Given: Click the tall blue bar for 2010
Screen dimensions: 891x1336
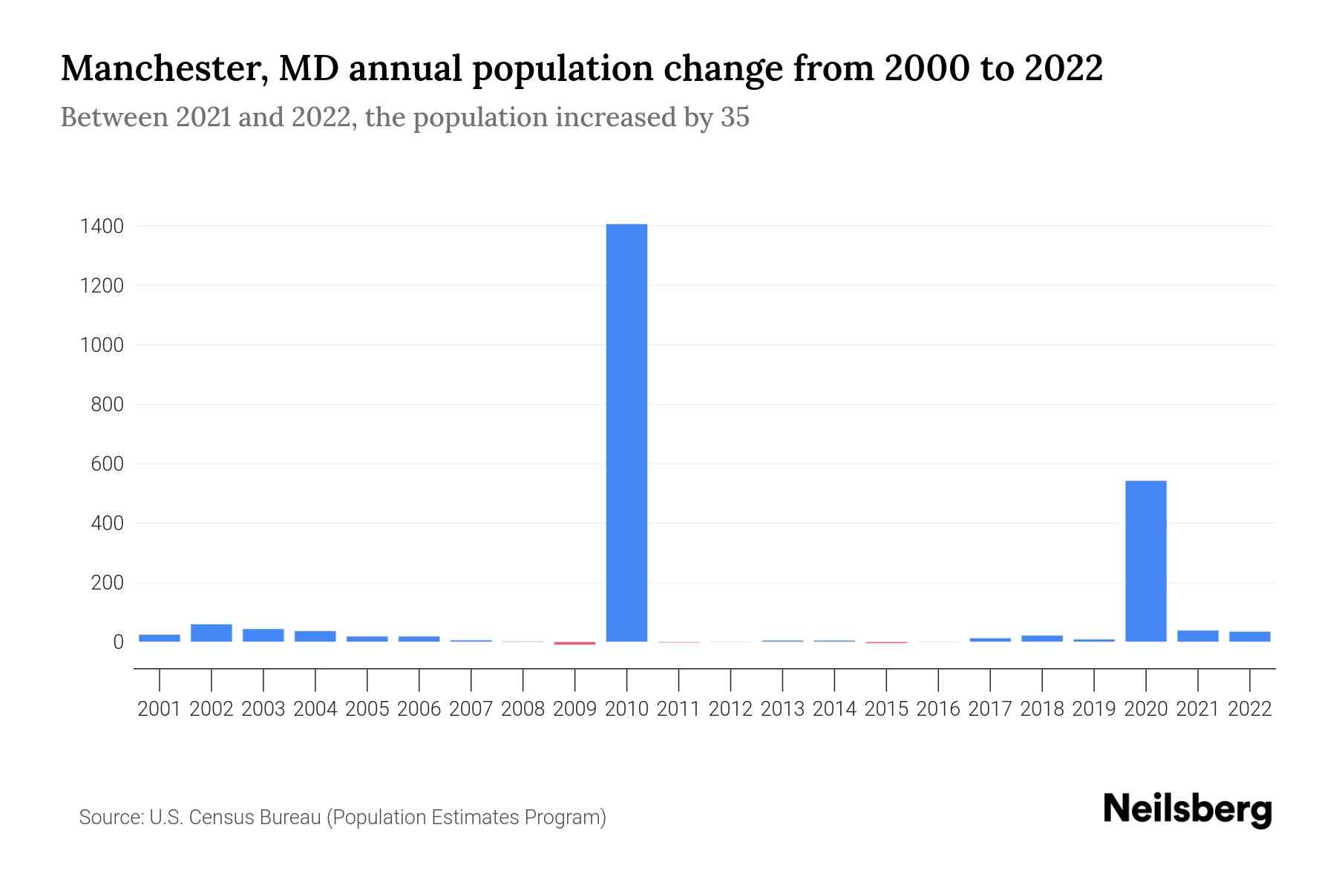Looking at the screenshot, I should pyautogui.click(x=626, y=433).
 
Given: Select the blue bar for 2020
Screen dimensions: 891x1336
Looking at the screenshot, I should pyautogui.click(x=1145, y=561).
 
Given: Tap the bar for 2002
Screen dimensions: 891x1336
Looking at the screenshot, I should pyautogui.click(x=212, y=633).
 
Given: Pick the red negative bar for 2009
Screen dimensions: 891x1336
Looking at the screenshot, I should pyautogui.click(x=574, y=643).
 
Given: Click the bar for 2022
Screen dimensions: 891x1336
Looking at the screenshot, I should pyautogui.click(x=1249, y=636).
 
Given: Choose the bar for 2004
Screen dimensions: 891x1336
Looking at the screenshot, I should pyautogui.click(x=315, y=636).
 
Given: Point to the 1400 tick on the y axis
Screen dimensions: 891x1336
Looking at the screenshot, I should pyautogui.click(x=101, y=226).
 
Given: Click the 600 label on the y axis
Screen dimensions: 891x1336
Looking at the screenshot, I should pyautogui.click(x=106, y=465).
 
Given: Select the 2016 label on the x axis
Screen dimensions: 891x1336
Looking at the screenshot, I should pyautogui.click(x=938, y=709).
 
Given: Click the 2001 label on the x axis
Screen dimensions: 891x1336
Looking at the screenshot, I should pyautogui.click(x=160, y=709).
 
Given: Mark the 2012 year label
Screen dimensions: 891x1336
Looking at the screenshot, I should pyautogui.click(x=730, y=709).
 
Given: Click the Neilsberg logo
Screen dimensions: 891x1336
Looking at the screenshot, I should pyautogui.click(x=1187, y=809).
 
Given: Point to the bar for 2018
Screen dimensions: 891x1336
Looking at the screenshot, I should pyautogui.click(x=1041, y=639).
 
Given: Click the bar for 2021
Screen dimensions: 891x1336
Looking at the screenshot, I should pyautogui.click(x=1197, y=636).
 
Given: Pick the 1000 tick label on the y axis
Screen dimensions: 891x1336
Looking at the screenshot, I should pyautogui.click(x=101, y=345).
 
